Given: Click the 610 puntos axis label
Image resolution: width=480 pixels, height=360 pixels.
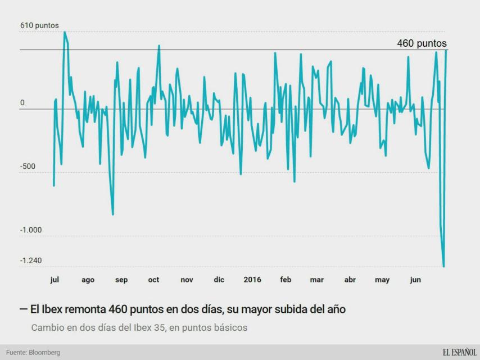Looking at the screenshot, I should coord(39,25).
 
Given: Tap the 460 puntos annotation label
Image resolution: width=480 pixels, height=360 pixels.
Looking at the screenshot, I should coord(422,43).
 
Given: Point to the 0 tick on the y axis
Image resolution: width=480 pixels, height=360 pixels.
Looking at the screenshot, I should coord(22,103).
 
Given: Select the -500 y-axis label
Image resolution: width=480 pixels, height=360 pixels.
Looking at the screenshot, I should coord(28,166).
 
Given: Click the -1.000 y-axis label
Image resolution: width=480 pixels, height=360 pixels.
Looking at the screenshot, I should coord(31,230).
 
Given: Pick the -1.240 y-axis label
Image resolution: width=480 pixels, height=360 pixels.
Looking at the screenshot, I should coord(31,261).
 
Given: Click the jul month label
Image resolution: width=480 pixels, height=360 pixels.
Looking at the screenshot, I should coord(55,280).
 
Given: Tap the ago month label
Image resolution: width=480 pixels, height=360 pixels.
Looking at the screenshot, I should coord(88,280).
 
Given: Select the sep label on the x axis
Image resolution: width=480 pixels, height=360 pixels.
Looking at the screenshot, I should coord(121,280).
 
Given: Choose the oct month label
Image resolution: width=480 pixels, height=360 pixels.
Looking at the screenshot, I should coord(153,280).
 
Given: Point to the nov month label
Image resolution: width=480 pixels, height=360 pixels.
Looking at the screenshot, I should coord(187,280).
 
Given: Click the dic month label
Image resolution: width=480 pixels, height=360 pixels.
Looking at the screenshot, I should coord(219,280).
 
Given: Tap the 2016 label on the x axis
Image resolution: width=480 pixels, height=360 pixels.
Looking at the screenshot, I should coord(252,280).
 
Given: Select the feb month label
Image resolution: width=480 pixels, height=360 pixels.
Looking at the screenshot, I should coord(286,280).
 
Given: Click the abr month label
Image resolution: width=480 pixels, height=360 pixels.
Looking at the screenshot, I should coord(350,280).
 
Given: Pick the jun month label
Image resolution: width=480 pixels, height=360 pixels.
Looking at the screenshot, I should coord(415,280).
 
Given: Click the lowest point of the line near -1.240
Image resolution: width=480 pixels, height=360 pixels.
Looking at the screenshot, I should coord(443,266).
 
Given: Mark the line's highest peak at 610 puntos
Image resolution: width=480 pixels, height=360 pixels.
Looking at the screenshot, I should coord(65,32).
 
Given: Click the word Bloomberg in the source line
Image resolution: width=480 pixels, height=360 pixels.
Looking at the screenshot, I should coord(44,353).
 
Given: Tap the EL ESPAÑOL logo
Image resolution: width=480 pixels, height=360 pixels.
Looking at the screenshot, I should coord(459,352).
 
